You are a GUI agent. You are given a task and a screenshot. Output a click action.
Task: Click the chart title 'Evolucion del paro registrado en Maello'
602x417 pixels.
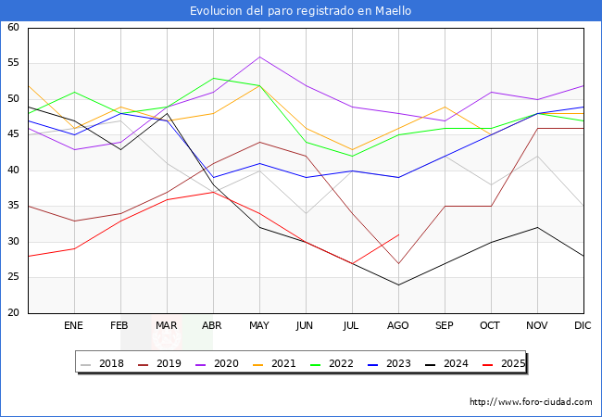click(301, 11)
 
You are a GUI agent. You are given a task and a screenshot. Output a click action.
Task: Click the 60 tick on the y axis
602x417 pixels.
click(14, 28)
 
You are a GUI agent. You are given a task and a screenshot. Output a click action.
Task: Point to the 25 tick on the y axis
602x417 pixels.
click(14, 277)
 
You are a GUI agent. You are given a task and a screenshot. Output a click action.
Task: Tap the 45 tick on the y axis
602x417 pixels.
click(14, 134)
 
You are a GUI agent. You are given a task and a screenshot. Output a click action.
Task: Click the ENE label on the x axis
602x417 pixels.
click(74, 326)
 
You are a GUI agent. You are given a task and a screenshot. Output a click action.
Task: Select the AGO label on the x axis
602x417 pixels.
click(398, 326)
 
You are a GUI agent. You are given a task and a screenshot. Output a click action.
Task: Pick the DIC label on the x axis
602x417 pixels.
click(583, 326)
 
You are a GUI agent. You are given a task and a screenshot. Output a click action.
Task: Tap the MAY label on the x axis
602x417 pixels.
click(259, 326)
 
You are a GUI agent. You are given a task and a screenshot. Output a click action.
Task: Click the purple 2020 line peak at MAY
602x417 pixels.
click(259, 57)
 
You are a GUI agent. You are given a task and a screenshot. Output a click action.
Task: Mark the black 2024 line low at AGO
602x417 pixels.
click(398, 284)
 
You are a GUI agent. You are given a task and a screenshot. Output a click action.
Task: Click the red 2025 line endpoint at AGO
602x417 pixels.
click(398, 234)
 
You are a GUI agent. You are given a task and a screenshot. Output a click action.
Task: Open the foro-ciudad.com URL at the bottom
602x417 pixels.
click(531, 402)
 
